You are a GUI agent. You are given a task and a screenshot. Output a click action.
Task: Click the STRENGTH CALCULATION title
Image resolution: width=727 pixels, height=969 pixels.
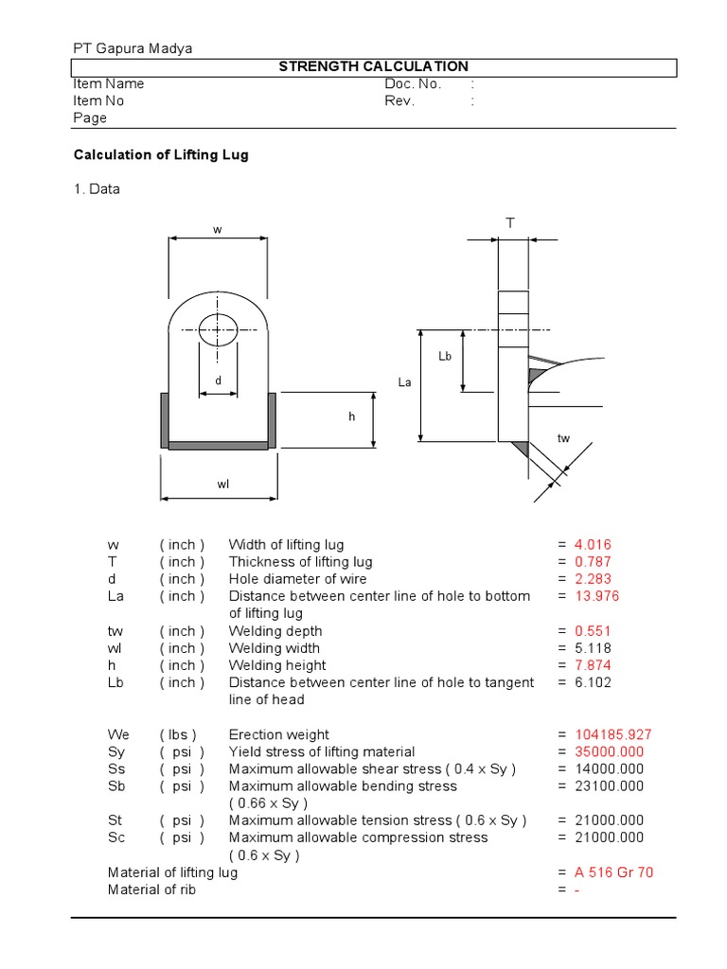tap(372, 66)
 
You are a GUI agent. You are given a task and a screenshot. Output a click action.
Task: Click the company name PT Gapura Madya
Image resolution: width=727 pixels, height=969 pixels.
tap(133, 48)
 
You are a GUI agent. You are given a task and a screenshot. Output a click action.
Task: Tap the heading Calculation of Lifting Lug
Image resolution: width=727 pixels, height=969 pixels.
tap(161, 154)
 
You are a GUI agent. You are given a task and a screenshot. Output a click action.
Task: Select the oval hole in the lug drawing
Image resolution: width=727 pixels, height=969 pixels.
tap(218, 330)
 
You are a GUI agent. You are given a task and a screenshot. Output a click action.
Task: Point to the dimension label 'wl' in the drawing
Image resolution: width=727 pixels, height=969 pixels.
tap(223, 484)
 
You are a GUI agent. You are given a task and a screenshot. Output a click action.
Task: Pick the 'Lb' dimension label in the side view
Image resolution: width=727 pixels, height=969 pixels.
tap(445, 356)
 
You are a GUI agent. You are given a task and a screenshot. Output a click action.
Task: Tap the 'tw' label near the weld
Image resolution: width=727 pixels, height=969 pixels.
tap(564, 438)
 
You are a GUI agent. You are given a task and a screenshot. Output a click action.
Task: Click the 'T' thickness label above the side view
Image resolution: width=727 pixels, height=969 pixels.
tap(509, 223)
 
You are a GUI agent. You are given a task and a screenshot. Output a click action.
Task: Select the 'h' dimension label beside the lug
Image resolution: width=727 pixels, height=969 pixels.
tap(350, 416)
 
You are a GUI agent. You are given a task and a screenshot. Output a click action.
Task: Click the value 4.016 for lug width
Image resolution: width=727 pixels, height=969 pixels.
tap(593, 544)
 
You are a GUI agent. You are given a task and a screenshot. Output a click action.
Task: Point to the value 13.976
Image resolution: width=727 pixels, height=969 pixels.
tap(596, 596)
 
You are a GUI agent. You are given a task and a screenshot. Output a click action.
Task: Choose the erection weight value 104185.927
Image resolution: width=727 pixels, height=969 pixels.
tap(613, 734)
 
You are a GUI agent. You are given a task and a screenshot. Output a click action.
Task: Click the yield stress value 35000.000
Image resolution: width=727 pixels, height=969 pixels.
tap(609, 751)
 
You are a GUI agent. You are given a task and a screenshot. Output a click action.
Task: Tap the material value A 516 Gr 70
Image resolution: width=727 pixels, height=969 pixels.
tap(613, 872)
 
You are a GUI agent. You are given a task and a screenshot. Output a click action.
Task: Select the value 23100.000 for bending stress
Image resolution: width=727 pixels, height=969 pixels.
tap(609, 785)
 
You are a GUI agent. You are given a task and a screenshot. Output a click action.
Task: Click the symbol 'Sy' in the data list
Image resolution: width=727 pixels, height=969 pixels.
tap(116, 751)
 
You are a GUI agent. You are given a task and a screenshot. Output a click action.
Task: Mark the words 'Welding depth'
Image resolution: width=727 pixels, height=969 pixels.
tap(275, 631)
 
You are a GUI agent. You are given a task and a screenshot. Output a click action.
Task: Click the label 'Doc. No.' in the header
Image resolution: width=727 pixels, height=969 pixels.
tap(414, 83)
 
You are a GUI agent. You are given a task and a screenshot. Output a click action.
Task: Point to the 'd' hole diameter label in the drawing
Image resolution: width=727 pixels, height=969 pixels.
tap(218, 381)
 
